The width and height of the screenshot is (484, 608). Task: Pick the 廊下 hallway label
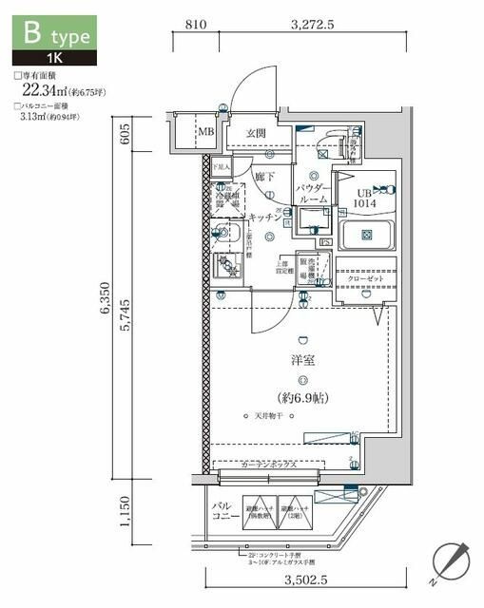point(264,176)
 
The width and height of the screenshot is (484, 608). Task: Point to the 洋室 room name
point(302,361)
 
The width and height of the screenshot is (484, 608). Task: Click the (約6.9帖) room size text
point(303,396)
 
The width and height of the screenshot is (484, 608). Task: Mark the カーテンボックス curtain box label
point(269,465)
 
